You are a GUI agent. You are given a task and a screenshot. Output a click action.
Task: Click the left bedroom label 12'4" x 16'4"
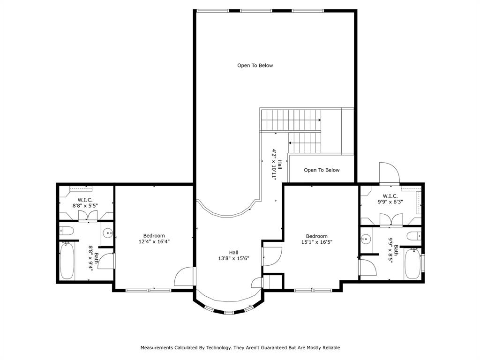[154, 239]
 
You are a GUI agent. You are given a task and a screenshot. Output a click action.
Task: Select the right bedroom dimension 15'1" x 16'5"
[316, 239]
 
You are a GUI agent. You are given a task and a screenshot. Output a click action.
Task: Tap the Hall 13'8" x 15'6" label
[233, 255]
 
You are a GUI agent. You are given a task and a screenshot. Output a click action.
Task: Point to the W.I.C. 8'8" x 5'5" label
[84, 202]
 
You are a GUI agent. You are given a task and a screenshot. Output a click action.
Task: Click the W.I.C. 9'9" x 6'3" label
[390, 199]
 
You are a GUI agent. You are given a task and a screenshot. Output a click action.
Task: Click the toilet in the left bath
[66, 230]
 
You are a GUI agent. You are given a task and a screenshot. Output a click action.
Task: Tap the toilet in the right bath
[414, 235]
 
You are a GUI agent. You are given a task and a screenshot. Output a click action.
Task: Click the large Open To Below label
[255, 66]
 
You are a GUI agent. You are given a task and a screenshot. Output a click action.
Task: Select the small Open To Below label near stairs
[321, 170]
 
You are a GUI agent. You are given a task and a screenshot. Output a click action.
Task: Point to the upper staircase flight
[291, 120]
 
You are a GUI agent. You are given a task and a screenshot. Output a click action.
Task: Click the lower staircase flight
[305, 142]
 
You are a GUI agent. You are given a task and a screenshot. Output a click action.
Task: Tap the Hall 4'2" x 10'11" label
[276, 165]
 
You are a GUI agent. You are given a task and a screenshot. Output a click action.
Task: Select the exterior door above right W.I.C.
[389, 173]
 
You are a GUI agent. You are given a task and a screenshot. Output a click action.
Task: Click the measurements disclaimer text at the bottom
[240, 348]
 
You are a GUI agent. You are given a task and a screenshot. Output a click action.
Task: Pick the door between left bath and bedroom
[107, 261]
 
